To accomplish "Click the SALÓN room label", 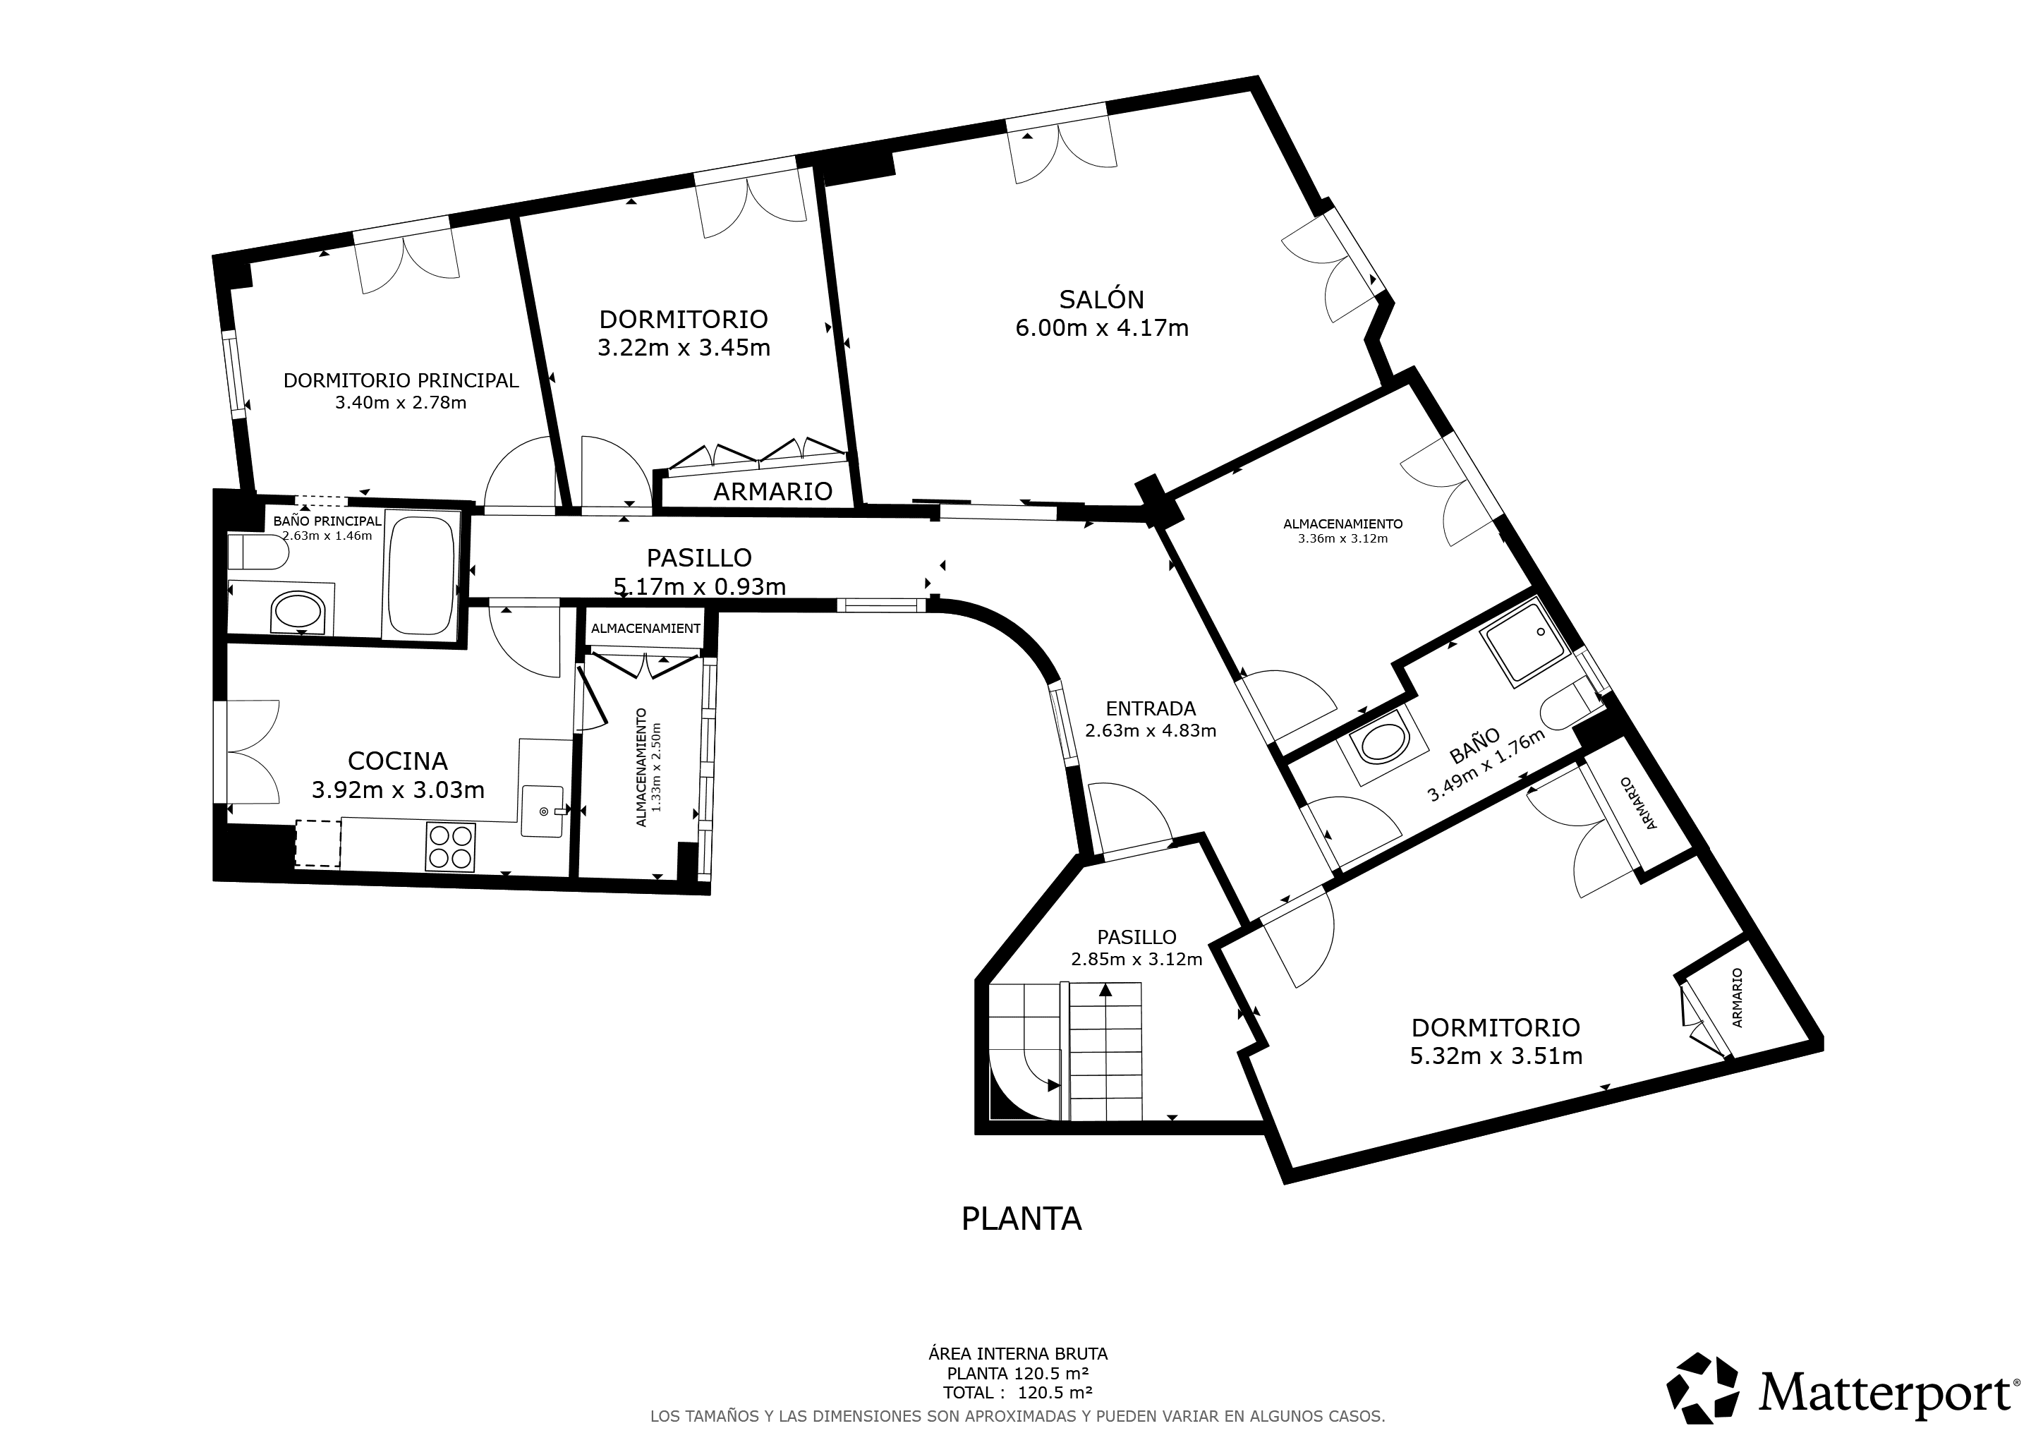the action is coord(1102,299).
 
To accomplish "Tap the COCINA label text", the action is coord(397,761).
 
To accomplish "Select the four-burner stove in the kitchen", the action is coord(451,847).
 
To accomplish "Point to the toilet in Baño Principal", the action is coord(258,552).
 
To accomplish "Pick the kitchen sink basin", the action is coord(542,811).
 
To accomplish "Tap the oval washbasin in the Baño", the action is coord(1382,744).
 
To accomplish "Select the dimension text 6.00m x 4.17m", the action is coord(1102,328).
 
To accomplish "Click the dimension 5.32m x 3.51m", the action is coord(1496,1056).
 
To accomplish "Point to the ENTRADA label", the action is coord(1151,708).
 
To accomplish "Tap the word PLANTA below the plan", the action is coord(1021,1218).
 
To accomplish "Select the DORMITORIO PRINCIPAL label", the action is coord(401,380).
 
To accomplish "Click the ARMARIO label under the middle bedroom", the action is coord(772,491).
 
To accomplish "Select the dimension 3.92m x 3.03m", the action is coord(398,790).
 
